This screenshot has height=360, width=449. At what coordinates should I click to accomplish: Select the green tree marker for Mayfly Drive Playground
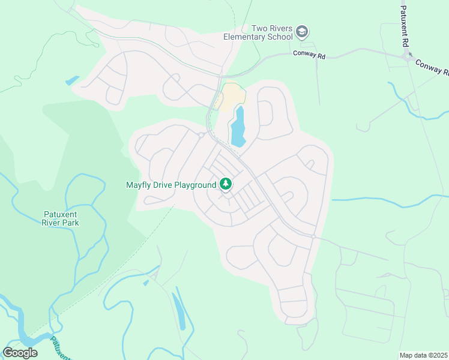coord(226,184)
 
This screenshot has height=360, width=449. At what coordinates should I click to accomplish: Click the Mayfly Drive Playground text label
coord(170,185)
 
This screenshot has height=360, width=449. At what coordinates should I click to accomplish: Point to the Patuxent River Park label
coord(61,218)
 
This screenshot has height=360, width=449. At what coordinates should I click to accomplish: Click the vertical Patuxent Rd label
coord(405,28)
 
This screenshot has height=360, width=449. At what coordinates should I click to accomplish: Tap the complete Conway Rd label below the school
coord(309,54)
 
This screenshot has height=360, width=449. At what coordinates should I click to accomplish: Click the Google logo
coord(20,352)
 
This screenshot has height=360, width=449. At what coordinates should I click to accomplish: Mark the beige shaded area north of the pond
coord(232,97)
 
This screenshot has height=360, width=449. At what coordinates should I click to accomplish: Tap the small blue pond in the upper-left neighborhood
coord(72,80)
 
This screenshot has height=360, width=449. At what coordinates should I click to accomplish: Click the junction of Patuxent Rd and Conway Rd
coord(408,57)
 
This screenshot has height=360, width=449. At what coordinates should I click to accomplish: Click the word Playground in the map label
coord(195,185)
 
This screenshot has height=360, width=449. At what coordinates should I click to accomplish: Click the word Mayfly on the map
coord(137,185)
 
